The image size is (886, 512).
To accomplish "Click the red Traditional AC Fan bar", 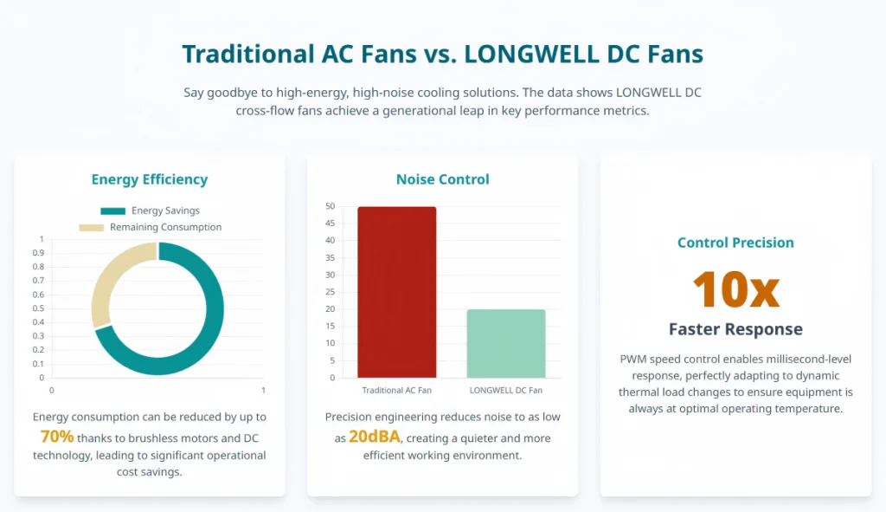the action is tap(396, 292).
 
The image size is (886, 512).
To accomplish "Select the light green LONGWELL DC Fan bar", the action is tap(505, 343).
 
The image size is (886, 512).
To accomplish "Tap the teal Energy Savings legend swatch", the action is tap(113, 211).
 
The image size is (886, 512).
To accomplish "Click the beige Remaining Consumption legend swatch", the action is tap(92, 228).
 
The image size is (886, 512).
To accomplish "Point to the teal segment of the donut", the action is tap(215, 309).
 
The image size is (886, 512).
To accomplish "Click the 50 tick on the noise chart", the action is tap(330, 206).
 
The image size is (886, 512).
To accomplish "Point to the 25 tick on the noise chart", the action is tap(330, 292).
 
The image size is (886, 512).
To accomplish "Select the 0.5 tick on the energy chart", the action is tap(38, 308).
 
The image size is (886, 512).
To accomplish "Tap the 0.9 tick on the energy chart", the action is tap(38, 253).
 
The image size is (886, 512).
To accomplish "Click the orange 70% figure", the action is tap(57, 437).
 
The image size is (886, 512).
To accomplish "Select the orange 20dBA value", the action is tap(375, 437).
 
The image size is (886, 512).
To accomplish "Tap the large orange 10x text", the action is tap(735, 289).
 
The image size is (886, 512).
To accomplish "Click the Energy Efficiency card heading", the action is tap(150, 179).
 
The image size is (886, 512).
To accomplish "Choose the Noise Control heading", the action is tap(442, 179).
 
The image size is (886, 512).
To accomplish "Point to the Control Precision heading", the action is tap(735, 243).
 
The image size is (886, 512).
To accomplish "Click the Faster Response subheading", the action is tap(735, 329).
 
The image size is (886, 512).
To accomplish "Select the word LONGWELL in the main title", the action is tap(531, 55).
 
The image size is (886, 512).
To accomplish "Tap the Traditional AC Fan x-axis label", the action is tap(396, 391).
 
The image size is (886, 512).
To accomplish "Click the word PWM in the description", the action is tap(632, 360).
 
